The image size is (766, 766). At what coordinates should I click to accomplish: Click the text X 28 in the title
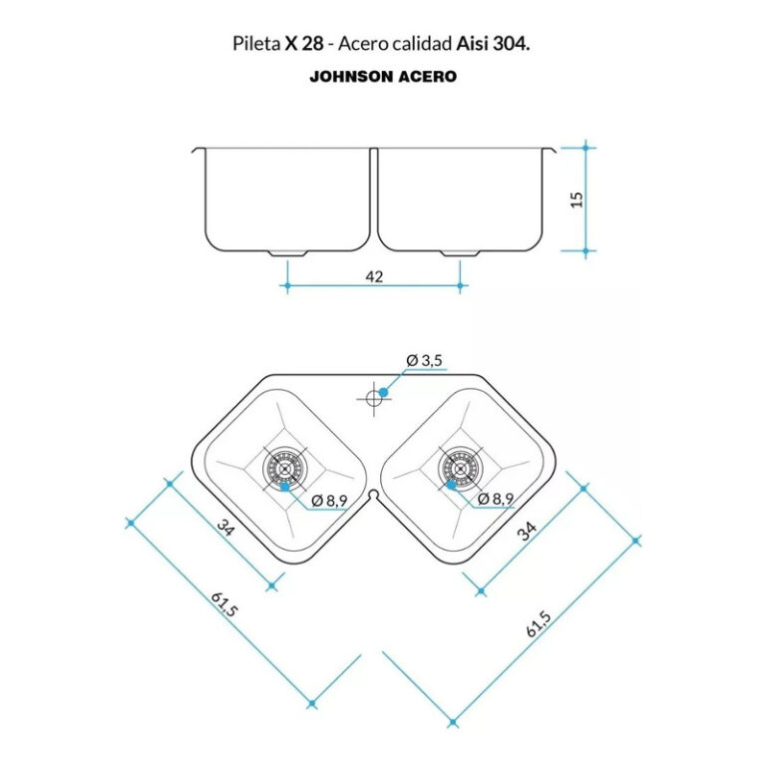click(x=304, y=44)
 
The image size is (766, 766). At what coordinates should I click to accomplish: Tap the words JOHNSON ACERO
click(x=383, y=77)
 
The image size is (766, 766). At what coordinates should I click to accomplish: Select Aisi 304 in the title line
click(x=493, y=44)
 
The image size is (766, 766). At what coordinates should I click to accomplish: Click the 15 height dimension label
click(x=577, y=199)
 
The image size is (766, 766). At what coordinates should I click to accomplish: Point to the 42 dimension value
click(x=374, y=277)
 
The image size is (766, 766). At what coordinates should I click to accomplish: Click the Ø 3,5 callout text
click(x=424, y=360)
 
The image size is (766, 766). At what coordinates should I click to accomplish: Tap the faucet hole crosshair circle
click(x=374, y=399)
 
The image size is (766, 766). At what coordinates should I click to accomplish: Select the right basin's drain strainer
click(x=460, y=468)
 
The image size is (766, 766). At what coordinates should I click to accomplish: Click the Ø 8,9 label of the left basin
click(x=329, y=501)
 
